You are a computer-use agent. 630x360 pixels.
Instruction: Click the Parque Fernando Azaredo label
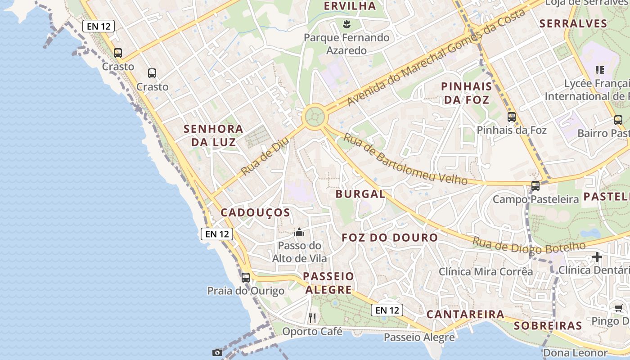pyautogui.click(x=346, y=44)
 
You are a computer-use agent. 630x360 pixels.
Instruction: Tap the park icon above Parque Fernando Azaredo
pyautogui.click(x=346, y=23)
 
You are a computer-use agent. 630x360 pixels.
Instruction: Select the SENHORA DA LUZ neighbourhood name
pyautogui.click(x=213, y=135)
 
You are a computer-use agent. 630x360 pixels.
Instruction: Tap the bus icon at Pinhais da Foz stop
pyautogui.click(x=512, y=117)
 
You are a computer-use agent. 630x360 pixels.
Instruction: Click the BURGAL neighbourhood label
pyautogui.click(x=360, y=194)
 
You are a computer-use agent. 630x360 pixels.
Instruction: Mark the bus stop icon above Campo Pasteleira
pyautogui.click(x=535, y=185)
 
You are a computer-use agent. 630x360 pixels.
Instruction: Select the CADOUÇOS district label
pyautogui.click(x=255, y=212)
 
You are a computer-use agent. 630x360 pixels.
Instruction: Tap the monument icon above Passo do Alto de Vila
pyautogui.click(x=299, y=233)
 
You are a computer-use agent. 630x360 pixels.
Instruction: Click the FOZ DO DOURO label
pyautogui.click(x=390, y=238)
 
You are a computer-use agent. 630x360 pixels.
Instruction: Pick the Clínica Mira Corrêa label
pyautogui.click(x=486, y=272)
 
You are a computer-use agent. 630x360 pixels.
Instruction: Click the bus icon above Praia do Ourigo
pyautogui.click(x=246, y=277)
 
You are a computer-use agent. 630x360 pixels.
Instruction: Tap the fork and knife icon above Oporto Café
pyautogui.click(x=312, y=318)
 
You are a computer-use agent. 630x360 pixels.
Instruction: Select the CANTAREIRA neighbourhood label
pyautogui.click(x=465, y=314)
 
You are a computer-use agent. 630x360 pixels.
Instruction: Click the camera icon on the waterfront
pyautogui.click(x=217, y=352)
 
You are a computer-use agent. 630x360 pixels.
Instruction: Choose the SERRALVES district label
pyautogui.click(x=573, y=23)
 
